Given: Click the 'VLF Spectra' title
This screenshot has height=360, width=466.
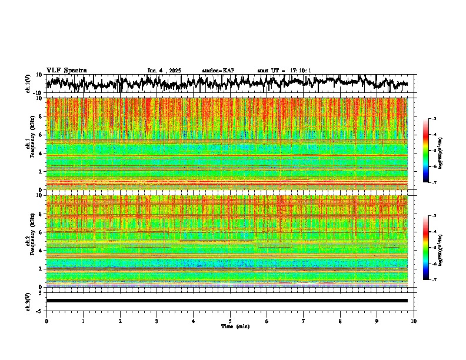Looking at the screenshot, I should tap(66, 70).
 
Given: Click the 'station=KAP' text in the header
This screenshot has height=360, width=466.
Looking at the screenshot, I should tap(218, 71).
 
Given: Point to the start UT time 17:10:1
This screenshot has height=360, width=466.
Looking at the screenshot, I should tap(284, 71).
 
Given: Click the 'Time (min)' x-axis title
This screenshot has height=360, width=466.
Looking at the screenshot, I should tap(230, 326).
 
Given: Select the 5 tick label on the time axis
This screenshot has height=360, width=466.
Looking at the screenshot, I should tap(230, 321).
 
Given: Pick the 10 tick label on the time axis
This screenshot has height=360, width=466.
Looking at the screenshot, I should tap(414, 321).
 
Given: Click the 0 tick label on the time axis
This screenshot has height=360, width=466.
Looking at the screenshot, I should tap(46, 321).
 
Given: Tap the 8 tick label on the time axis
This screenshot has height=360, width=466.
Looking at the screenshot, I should tap(340, 321).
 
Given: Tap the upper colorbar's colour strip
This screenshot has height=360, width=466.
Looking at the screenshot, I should tap(426, 151).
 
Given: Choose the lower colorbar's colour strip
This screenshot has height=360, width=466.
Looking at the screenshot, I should tap(426, 248).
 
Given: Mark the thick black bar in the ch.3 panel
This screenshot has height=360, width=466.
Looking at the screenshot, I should tap(227, 301).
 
